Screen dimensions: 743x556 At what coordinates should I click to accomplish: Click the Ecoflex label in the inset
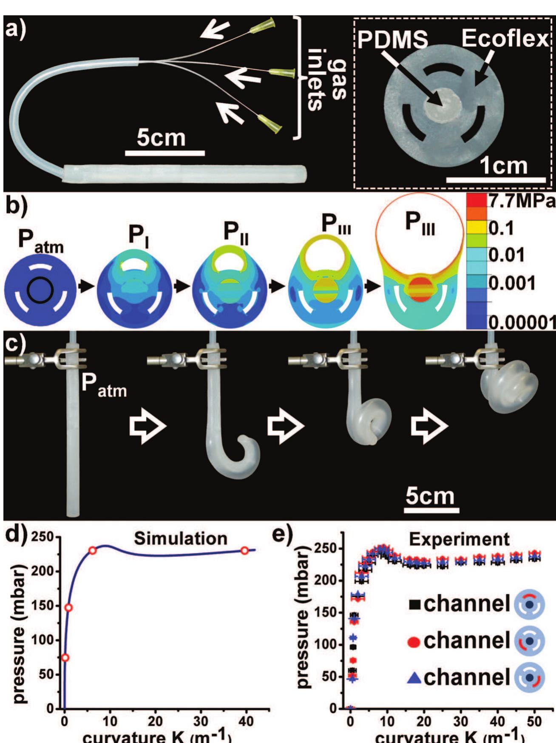(x=505, y=39)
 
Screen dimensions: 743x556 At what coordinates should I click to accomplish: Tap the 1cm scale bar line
(x=496, y=180)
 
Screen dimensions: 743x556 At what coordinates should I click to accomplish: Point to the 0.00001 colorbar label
(x=521, y=323)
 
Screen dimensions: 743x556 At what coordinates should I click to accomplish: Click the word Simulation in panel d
(x=181, y=538)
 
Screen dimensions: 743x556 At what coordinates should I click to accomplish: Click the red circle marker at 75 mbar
(x=65, y=658)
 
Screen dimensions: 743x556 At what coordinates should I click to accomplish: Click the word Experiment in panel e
(x=459, y=539)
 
